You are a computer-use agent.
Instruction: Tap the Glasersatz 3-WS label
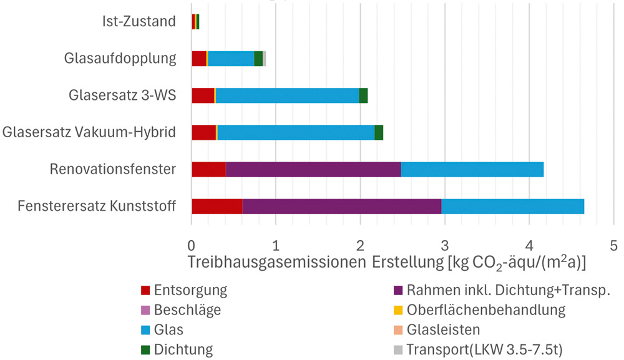click(123, 95)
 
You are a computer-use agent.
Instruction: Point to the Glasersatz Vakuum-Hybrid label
click(89, 132)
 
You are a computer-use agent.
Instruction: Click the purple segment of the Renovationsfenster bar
click(313, 169)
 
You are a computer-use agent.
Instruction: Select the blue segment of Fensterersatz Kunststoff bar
click(512, 206)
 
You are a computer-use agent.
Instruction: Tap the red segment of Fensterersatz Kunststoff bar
click(217, 206)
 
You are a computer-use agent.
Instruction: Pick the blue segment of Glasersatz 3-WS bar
click(287, 95)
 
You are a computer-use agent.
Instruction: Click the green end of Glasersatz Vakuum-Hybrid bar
click(379, 132)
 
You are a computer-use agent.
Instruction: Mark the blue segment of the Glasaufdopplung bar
click(231, 59)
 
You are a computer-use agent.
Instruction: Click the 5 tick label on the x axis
click(613, 243)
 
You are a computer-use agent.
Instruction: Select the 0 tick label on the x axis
click(192, 243)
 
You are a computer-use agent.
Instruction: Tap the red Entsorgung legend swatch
click(145, 291)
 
